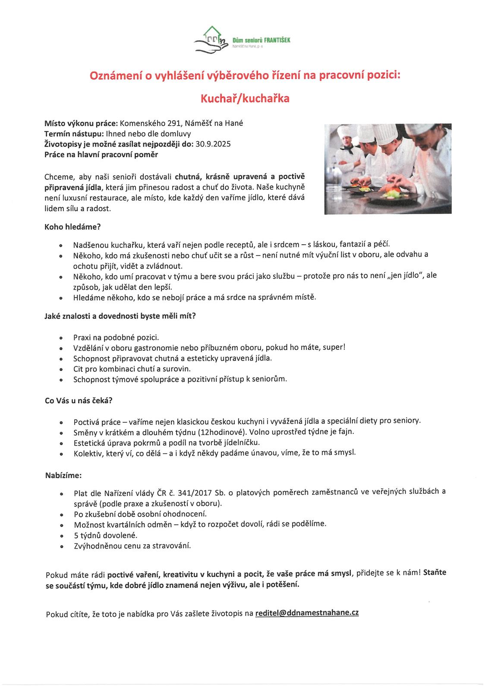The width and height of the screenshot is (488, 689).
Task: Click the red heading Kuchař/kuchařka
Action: coord(245,99)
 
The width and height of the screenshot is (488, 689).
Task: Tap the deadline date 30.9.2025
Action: coord(213,144)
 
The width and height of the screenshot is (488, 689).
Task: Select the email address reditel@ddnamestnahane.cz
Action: coord(307,612)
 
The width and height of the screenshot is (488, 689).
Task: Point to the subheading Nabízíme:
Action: coord(63,476)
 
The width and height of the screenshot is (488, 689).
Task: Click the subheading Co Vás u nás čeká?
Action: coord(79,400)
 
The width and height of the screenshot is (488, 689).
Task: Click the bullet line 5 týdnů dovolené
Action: coord(105,535)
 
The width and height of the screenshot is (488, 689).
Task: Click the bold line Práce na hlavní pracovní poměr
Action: coord(101,154)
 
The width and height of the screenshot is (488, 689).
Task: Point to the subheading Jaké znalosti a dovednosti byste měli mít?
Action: coord(120,316)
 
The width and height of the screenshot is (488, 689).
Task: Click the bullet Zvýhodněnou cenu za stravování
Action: coord(132,546)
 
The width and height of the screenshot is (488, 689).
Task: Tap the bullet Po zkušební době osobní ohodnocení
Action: coord(140,514)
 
